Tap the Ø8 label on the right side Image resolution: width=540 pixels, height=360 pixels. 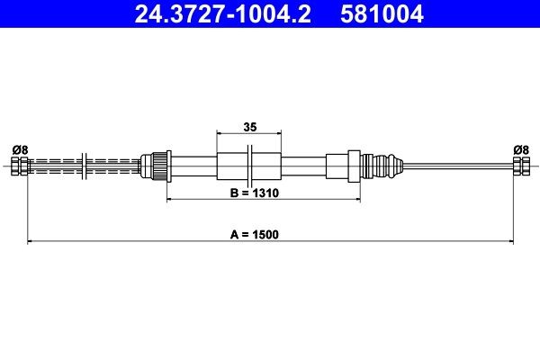(x=520, y=149)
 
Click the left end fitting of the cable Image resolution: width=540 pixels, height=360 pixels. (x=19, y=166)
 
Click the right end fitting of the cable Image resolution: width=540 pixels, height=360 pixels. (x=520, y=166)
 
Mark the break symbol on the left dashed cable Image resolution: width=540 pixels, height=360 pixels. (x=84, y=166)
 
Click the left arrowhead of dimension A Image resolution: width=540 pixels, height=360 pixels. (x=32, y=241)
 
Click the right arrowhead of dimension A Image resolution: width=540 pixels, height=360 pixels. (x=509, y=241)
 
